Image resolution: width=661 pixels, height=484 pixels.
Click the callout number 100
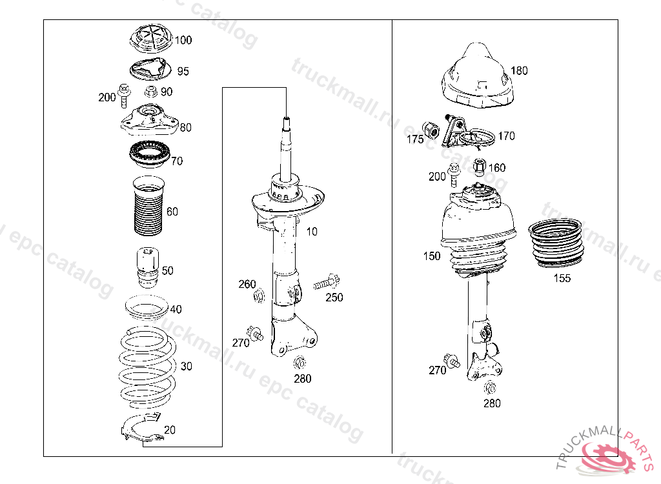point(183,40)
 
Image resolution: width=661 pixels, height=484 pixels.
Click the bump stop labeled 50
point(147,267)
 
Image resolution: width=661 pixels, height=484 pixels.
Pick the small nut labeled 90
point(151,92)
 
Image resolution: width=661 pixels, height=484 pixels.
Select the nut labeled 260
point(259,296)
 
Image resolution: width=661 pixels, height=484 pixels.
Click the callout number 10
point(312,232)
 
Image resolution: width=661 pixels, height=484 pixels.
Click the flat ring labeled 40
point(146,308)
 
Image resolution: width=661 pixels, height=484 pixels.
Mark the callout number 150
point(432,256)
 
